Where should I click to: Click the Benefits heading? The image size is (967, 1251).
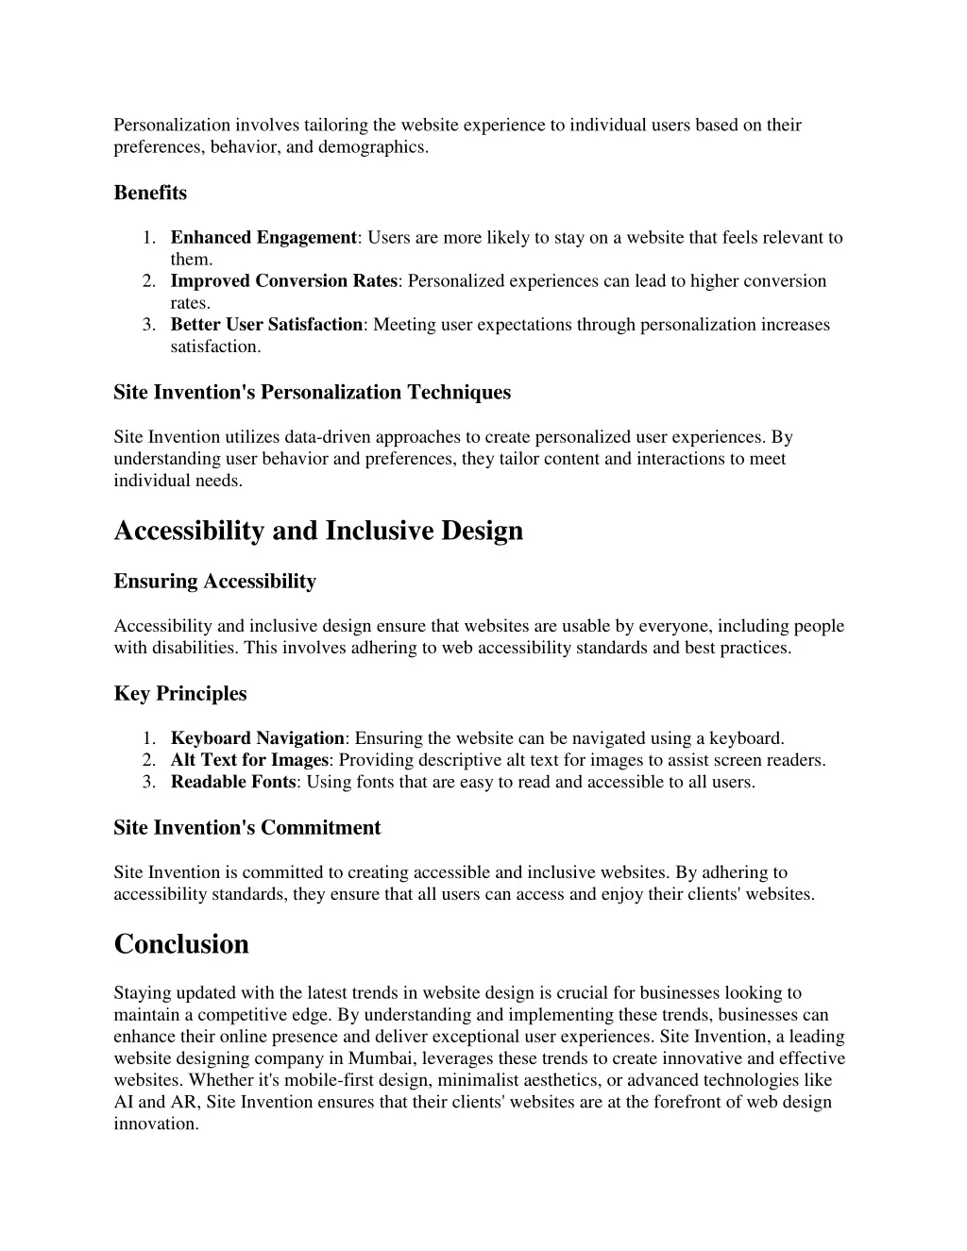150,193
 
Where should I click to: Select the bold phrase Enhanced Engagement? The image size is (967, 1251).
263,238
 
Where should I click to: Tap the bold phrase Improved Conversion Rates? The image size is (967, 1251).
284,281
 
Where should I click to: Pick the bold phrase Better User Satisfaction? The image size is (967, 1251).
266,325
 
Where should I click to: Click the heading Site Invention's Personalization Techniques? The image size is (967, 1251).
312,392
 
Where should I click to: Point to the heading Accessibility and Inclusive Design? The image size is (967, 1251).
318,531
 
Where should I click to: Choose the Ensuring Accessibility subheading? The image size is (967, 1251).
214,582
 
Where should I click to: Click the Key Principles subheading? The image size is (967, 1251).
180,694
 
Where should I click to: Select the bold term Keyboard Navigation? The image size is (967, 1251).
257,738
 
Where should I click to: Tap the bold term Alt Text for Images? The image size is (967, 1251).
249,760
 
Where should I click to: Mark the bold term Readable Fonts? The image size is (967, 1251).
233,782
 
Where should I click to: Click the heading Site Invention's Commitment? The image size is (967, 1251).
246,828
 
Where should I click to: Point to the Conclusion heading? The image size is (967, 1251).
181,944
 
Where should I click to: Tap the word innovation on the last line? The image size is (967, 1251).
156,1124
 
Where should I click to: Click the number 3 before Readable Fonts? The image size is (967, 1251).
148,782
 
